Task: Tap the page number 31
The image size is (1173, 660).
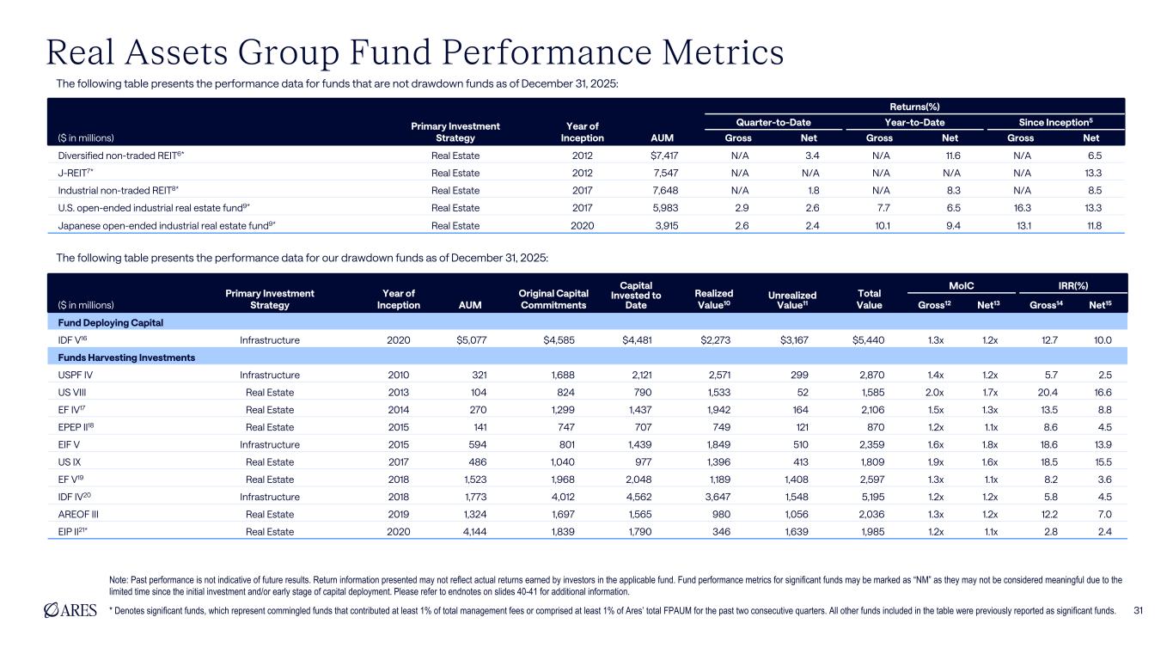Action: click(x=1139, y=611)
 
